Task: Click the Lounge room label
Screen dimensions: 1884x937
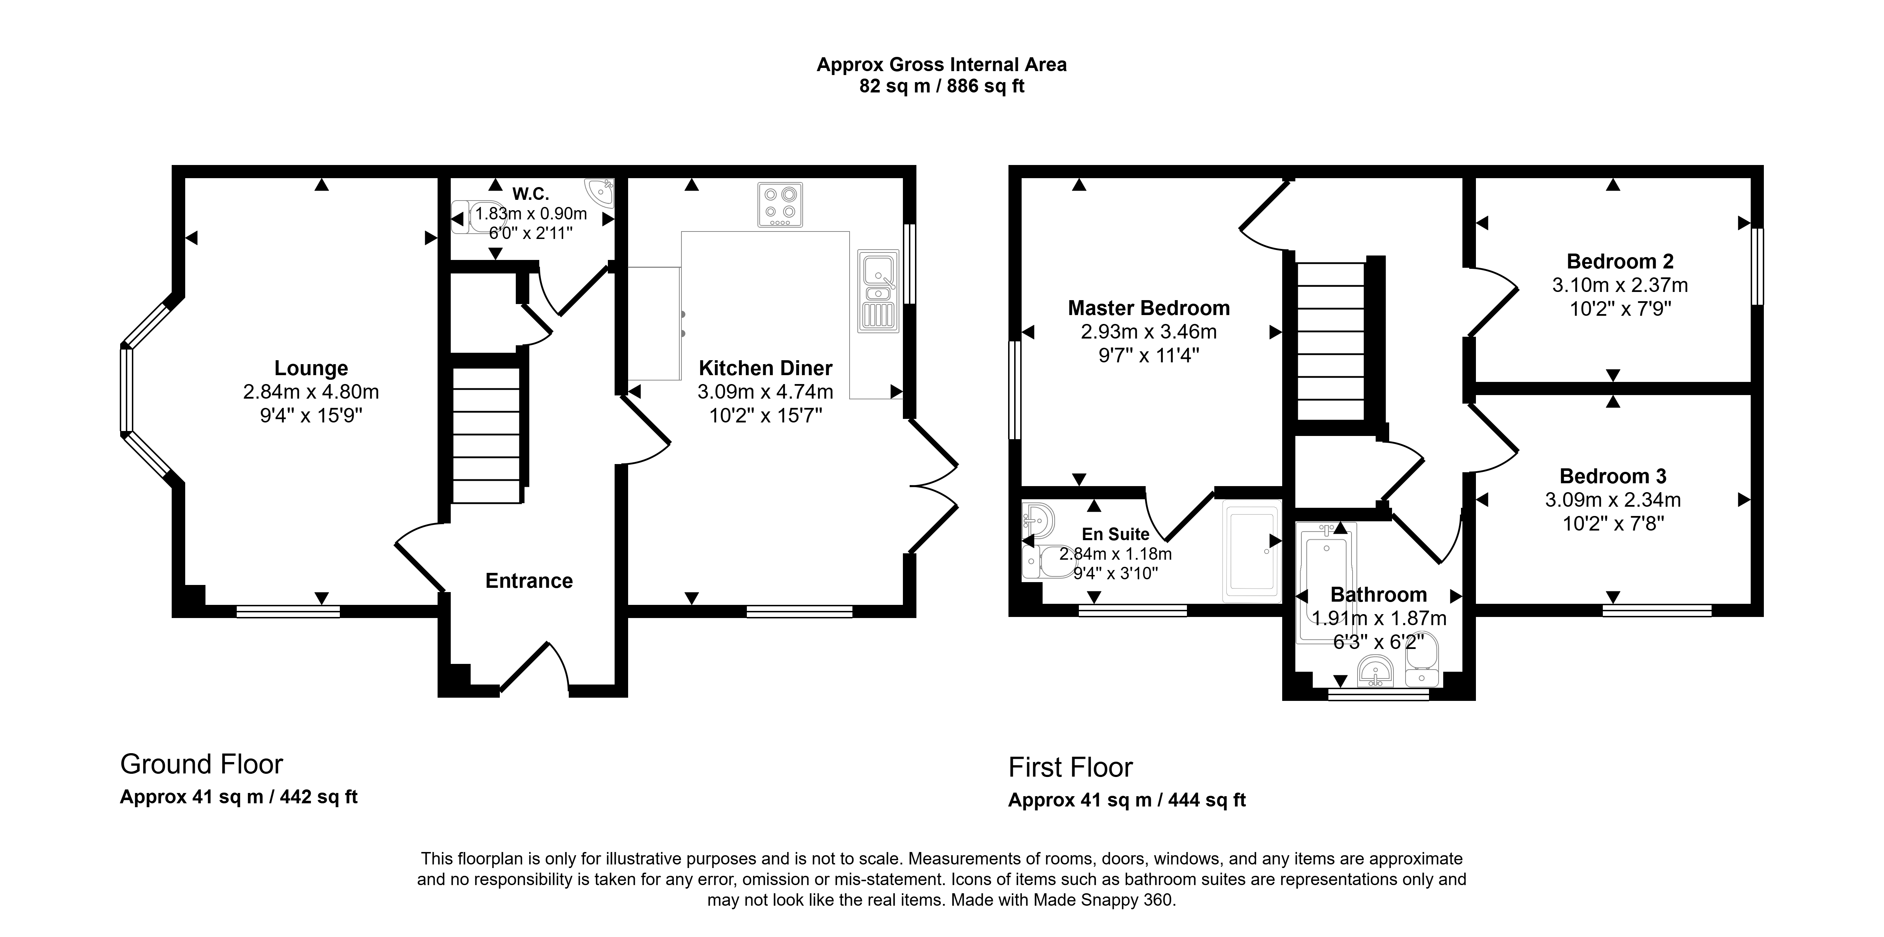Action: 311,368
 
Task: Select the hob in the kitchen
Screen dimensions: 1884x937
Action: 780,205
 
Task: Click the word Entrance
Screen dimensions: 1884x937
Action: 529,581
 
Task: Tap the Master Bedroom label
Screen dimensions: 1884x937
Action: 1149,308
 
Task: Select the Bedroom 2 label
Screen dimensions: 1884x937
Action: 1620,261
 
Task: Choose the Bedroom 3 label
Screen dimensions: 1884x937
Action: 1613,476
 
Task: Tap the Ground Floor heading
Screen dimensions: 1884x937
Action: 201,765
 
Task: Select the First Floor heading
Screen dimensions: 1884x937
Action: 1070,767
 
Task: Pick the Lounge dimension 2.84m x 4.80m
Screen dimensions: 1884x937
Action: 311,392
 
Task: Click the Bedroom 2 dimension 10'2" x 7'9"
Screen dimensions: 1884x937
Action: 1620,309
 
